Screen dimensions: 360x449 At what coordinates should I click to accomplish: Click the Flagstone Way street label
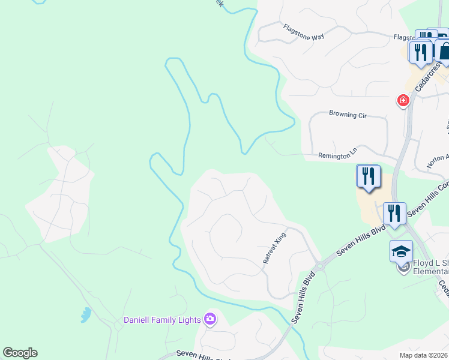(304, 32)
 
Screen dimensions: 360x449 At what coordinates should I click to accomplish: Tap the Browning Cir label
(348, 113)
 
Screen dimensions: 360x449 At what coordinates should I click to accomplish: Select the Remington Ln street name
(338, 155)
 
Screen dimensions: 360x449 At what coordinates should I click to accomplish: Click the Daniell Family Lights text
(161, 320)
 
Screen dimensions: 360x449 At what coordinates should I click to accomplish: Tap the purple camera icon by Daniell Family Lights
(210, 319)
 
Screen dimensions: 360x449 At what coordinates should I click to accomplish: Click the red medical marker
(403, 101)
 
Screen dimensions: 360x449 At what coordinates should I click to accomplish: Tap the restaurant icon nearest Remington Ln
(369, 176)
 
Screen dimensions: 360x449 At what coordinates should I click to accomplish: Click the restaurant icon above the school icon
(394, 214)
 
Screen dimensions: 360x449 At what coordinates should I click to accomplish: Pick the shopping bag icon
(444, 52)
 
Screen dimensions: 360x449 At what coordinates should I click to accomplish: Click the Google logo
(20, 353)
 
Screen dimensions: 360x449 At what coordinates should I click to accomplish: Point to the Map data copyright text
(424, 355)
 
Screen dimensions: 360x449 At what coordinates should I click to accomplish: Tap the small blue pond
(86, 314)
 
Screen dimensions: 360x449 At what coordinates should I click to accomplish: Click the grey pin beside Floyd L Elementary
(403, 268)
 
